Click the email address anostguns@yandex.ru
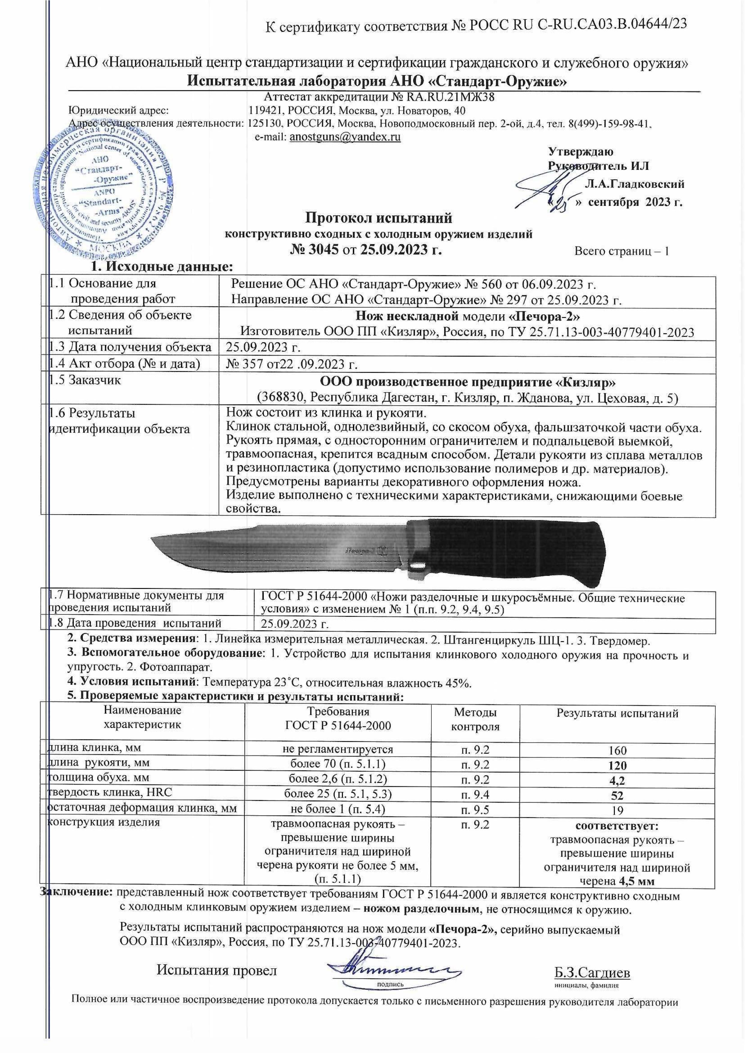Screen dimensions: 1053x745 (345, 137)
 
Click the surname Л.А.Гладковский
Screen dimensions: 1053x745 (635, 184)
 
